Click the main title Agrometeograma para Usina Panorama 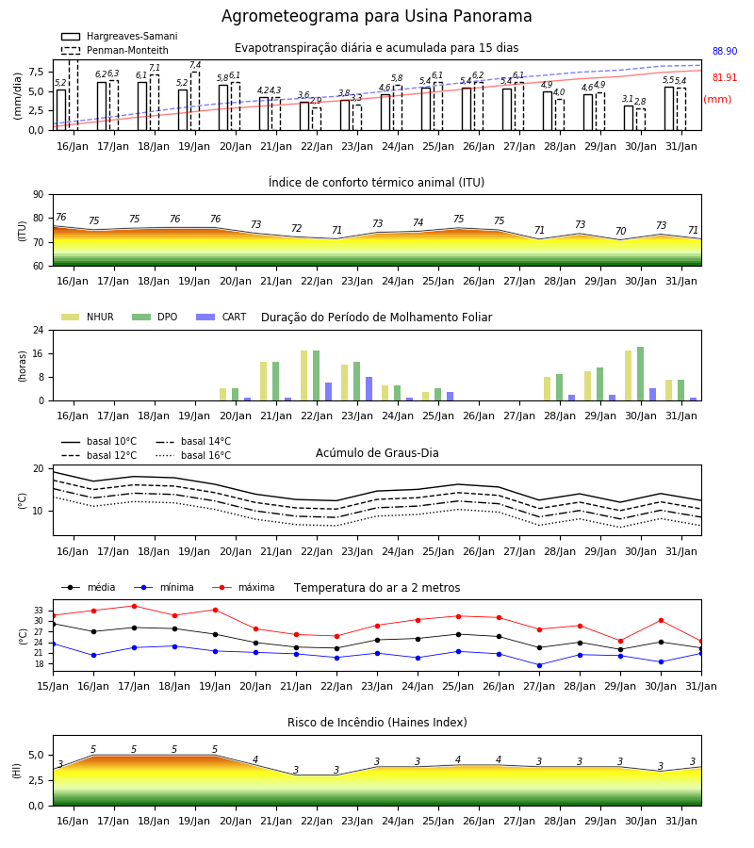376,16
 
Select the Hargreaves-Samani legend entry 119,36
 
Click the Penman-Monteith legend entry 115,50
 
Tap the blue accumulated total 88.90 725,52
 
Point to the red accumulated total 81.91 725,77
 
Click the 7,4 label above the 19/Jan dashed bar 195,65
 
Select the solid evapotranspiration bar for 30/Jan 629,118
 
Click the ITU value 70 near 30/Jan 620,231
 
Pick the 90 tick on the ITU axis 39,195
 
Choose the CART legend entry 221,317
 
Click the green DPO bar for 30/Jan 640,374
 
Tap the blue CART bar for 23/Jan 369,389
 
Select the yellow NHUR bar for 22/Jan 304,376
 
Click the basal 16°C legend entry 193,455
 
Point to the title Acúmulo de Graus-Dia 377,453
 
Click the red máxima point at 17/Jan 134,606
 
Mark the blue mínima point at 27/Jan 539,665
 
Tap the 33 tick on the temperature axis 39,611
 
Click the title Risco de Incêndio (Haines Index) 377,723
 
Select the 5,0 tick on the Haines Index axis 36,756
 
